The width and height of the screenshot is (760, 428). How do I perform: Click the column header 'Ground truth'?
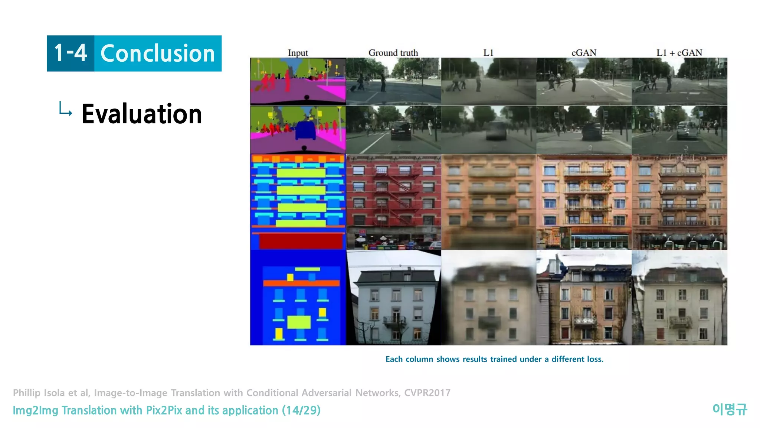(393, 53)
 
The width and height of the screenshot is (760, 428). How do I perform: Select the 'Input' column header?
(298, 53)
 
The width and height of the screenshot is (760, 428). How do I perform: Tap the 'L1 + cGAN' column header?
(679, 53)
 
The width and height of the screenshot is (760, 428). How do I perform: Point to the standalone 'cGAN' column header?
(584, 53)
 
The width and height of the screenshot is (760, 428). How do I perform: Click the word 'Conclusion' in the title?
(158, 53)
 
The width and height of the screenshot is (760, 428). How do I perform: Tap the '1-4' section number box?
(71, 53)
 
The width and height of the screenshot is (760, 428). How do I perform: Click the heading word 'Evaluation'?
(142, 114)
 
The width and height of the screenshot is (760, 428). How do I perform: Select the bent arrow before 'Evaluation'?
(65, 109)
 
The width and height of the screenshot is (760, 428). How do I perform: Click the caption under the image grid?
(494, 359)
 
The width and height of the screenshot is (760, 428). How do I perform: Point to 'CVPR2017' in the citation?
(427, 393)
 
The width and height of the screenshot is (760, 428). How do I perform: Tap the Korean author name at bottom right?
(730, 409)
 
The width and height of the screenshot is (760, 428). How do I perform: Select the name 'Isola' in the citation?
(54, 393)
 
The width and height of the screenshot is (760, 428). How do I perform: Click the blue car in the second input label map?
(305, 130)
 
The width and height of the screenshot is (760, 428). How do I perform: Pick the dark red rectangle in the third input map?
(301, 241)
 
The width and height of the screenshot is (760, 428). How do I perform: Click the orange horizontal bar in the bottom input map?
(301, 283)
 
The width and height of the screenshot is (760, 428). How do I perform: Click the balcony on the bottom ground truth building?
(394, 320)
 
